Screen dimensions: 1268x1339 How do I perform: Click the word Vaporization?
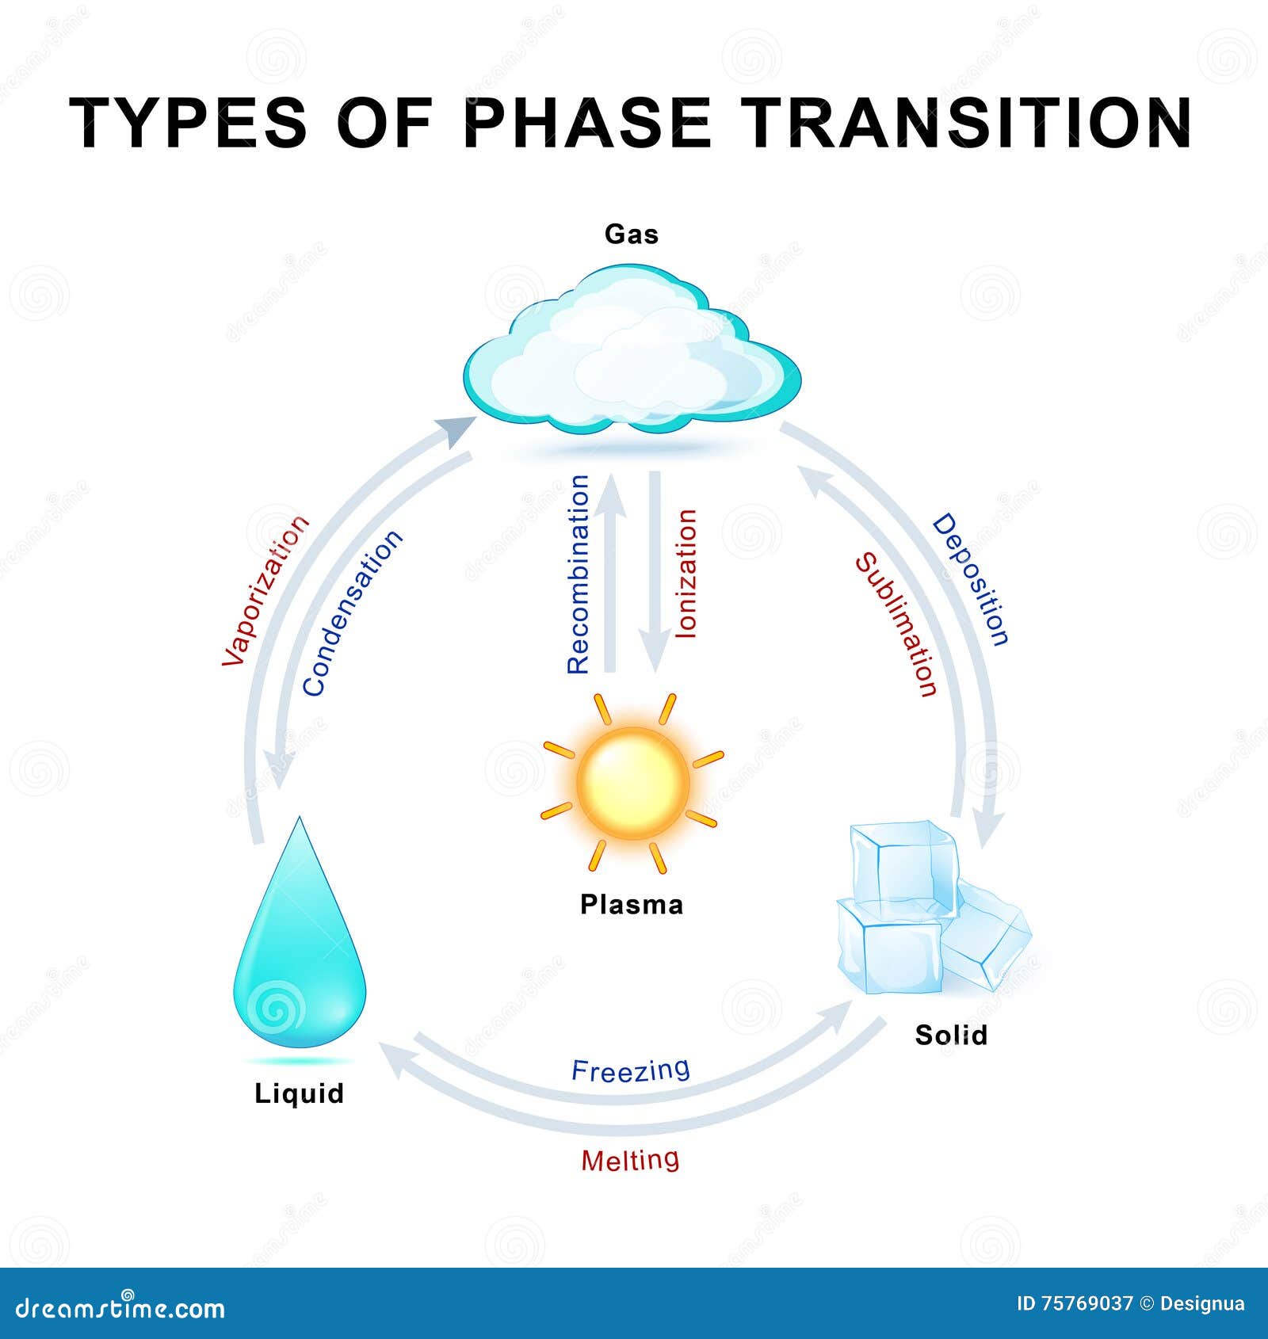[x=265, y=590]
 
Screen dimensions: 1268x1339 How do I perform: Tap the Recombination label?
[x=579, y=574]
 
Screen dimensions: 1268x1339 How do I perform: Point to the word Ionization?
[x=686, y=574]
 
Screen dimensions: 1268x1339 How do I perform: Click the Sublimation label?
[x=896, y=625]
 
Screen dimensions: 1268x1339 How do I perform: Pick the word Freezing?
[x=631, y=1070]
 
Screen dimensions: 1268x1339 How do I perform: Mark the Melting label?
[x=630, y=1160]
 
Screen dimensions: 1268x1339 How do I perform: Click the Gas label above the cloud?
[x=632, y=234]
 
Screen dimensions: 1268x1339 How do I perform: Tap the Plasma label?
[x=632, y=904]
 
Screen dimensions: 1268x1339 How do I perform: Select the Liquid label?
[x=299, y=1094]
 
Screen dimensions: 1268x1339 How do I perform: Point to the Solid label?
[x=951, y=1035]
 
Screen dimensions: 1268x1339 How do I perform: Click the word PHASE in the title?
[x=587, y=123]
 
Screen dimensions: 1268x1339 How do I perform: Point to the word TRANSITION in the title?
[x=970, y=123]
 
